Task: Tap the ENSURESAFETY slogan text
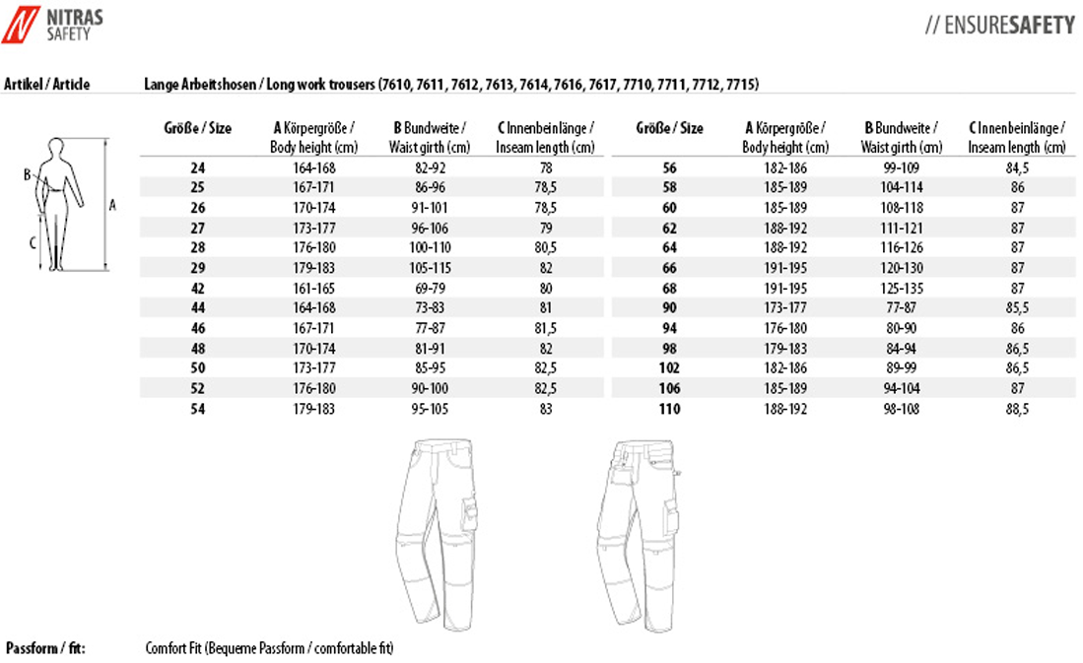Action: coord(999,26)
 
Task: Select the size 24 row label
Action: coord(197,168)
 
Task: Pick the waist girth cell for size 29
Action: coord(432,267)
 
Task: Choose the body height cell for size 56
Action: coord(785,168)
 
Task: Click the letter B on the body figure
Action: coord(28,175)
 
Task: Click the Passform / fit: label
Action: coord(45,648)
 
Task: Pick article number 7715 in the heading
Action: coord(742,85)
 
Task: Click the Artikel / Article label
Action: coord(47,85)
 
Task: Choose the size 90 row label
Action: coord(669,308)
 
